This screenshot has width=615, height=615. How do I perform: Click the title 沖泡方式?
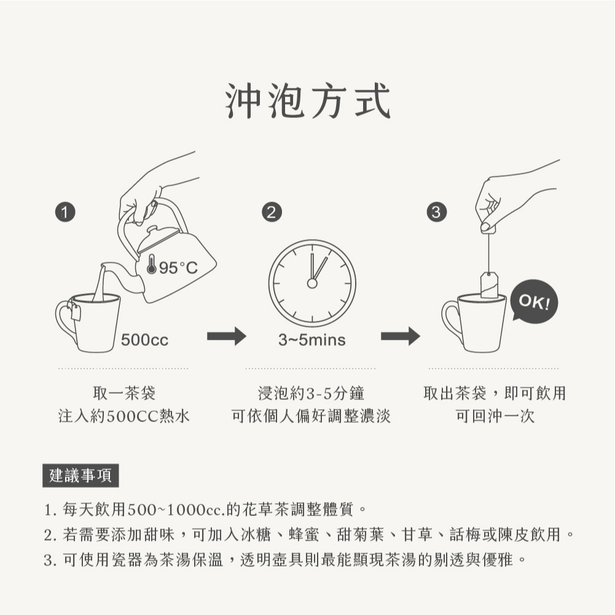click(308, 101)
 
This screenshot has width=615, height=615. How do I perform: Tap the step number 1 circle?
click(65, 212)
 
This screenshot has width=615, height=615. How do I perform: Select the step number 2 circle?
click(272, 212)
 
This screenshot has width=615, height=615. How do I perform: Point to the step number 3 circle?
click(437, 212)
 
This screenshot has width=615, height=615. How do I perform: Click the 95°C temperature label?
click(178, 268)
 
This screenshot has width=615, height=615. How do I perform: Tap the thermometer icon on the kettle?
click(151, 264)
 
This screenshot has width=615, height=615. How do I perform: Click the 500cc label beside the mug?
click(145, 340)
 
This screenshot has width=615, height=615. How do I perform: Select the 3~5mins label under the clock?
click(312, 340)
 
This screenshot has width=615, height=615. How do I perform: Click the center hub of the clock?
click(312, 283)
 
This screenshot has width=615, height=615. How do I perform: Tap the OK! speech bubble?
click(534, 301)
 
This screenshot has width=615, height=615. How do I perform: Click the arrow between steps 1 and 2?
click(226, 336)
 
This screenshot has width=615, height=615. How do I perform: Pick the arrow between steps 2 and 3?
click(401, 336)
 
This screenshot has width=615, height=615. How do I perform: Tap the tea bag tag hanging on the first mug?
click(76, 312)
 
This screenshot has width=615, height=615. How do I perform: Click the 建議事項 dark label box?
click(80, 476)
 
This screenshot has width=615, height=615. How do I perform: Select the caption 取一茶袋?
click(124, 393)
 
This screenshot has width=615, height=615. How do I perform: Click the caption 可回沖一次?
click(495, 416)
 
